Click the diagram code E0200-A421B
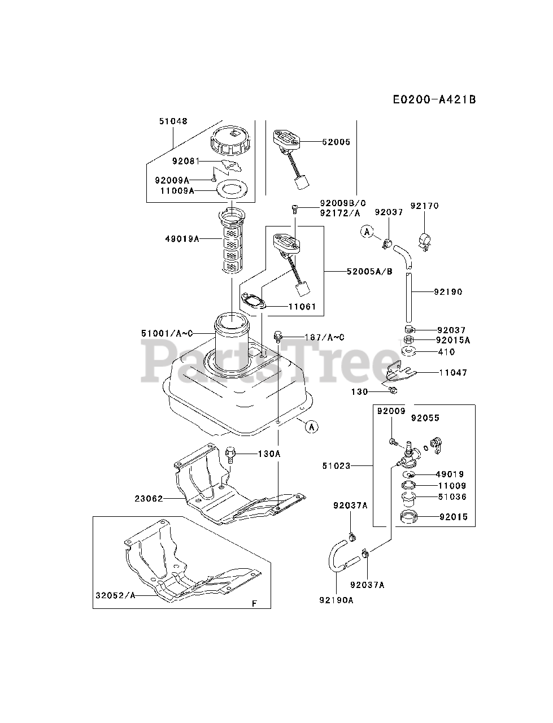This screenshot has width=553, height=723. (x=434, y=99)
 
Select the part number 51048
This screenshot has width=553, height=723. (x=173, y=121)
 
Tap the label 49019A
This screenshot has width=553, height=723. (x=182, y=239)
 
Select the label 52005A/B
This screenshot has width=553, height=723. (x=369, y=272)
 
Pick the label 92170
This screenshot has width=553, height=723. (x=424, y=206)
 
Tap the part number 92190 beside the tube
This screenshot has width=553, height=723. (x=448, y=292)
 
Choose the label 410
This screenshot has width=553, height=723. (x=446, y=352)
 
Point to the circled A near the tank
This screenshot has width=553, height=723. (x=312, y=426)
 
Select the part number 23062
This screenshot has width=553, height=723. (x=149, y=499)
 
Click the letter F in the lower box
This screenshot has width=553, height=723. (x=254, y=604)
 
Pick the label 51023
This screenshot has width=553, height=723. (x=337, y=466)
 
